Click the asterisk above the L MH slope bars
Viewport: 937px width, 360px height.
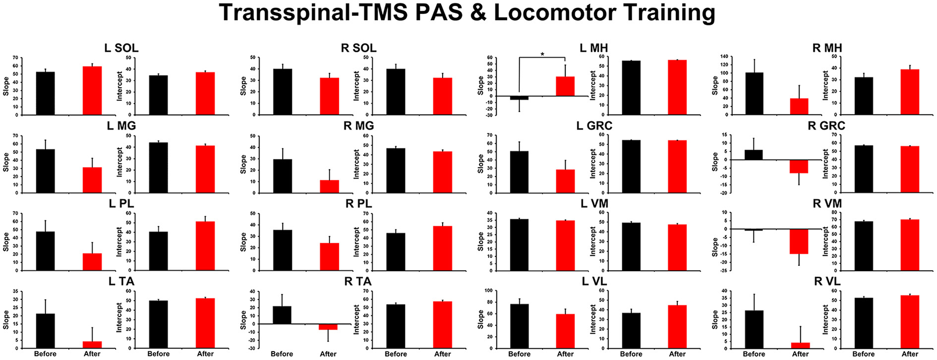pos(543,54)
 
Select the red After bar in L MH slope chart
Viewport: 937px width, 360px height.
pos(565,86)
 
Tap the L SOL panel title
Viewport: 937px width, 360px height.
pos(121,48)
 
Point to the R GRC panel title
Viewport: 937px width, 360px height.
pos(826,126)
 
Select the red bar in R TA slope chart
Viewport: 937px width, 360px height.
pos(328,327)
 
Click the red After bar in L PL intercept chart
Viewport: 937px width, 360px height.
pos(205,246)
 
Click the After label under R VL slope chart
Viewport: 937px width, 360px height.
pos(800,354)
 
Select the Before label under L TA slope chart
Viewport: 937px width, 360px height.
pos(45,354)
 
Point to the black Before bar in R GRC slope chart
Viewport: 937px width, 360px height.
pos(754,154)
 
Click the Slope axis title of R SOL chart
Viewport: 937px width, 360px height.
pos(243,86)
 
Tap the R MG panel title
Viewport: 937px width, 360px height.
pos(359,126)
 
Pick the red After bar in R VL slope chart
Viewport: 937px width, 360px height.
pos(800,345)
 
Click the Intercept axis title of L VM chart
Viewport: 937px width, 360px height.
pos(593,242)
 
